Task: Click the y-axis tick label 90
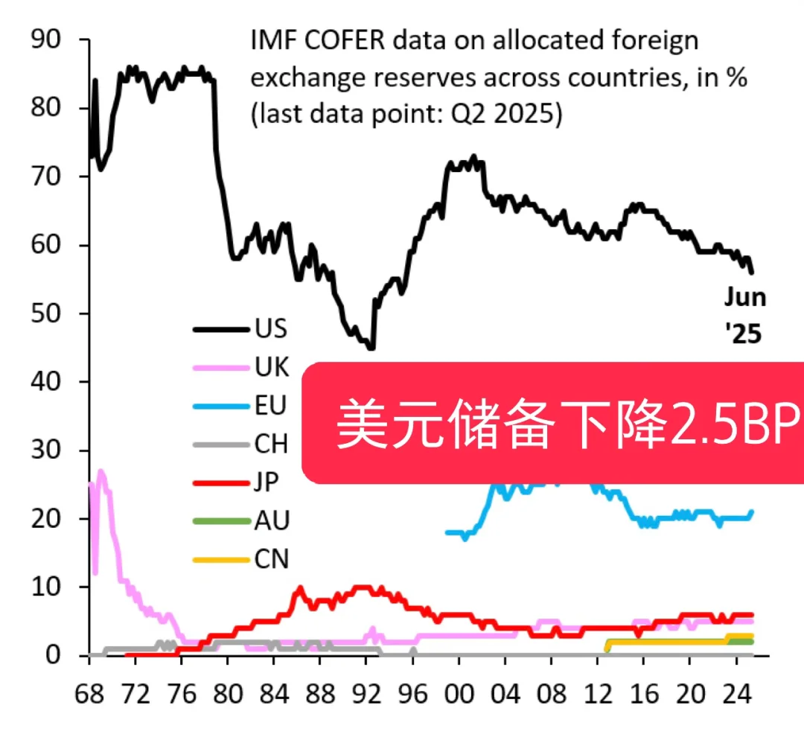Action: [50, 39]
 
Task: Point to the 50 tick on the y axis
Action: [50, 313]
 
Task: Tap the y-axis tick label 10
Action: [50, 587]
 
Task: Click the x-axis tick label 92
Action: [366, 694]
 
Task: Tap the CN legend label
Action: [272, 559]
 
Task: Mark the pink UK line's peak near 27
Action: [100, 471]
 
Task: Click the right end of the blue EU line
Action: [752, 511]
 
